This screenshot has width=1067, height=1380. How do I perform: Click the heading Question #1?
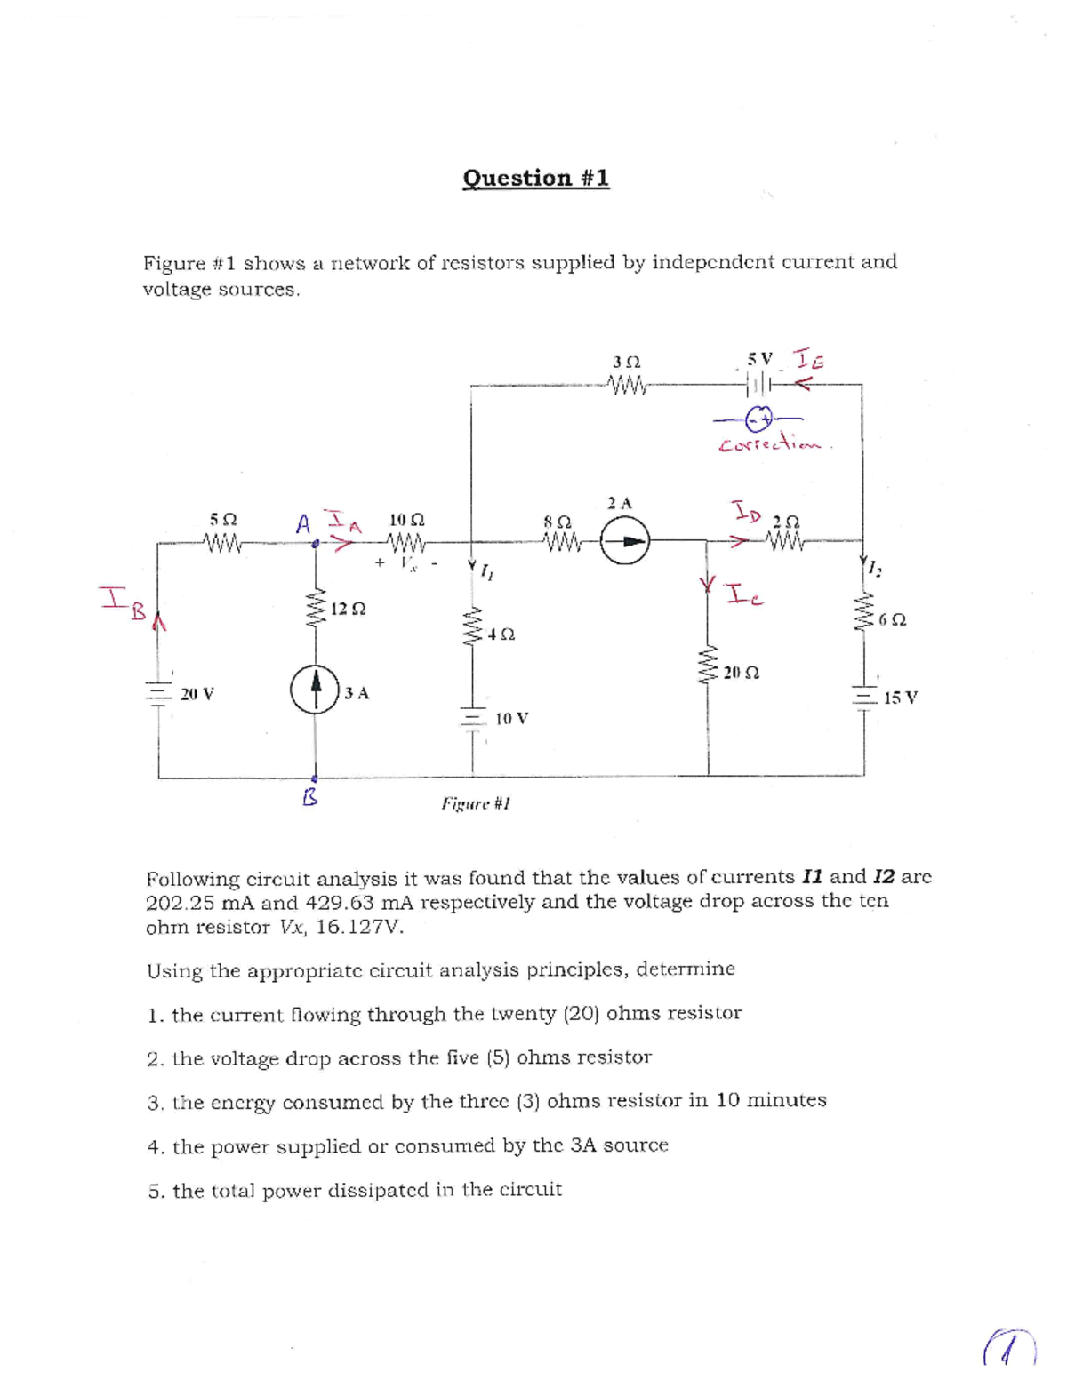coord(536,178)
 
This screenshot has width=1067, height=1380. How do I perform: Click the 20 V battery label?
coord(197,694)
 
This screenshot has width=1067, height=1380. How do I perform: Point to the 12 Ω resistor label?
coord(348,610)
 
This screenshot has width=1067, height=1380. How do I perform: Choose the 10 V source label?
coord(511,718)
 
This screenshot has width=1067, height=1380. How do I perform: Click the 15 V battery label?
coord(901,698)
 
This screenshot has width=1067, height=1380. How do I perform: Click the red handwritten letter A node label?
coord(304,523)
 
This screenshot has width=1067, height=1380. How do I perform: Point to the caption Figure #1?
coord(476,803)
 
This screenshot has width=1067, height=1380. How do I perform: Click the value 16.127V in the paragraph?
coord(359,927)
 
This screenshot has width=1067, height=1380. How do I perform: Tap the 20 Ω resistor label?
coord(741,673)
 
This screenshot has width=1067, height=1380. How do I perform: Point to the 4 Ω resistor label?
coord(501,634)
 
